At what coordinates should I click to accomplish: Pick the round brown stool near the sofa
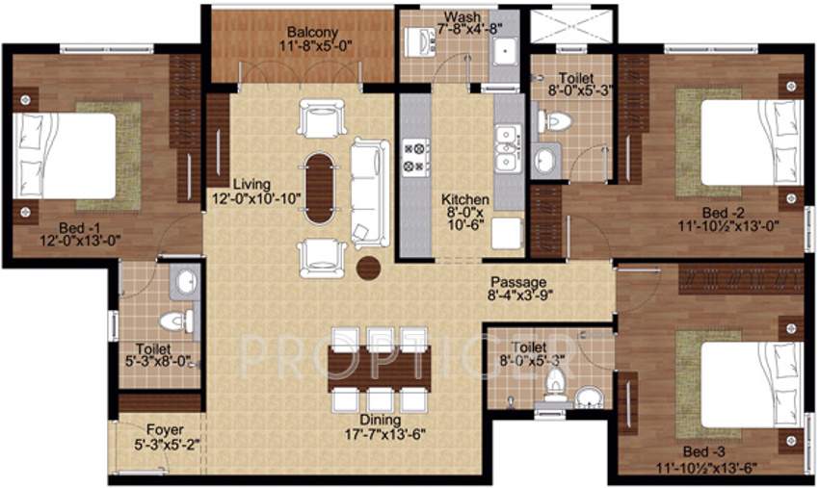tap(367, 268)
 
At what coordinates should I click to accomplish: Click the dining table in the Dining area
tap(375, 366)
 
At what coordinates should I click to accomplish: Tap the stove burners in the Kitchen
tap(415, 157)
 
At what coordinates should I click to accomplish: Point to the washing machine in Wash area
tap(420, 44)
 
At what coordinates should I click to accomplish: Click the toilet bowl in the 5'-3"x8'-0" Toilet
tap(172, 320)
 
